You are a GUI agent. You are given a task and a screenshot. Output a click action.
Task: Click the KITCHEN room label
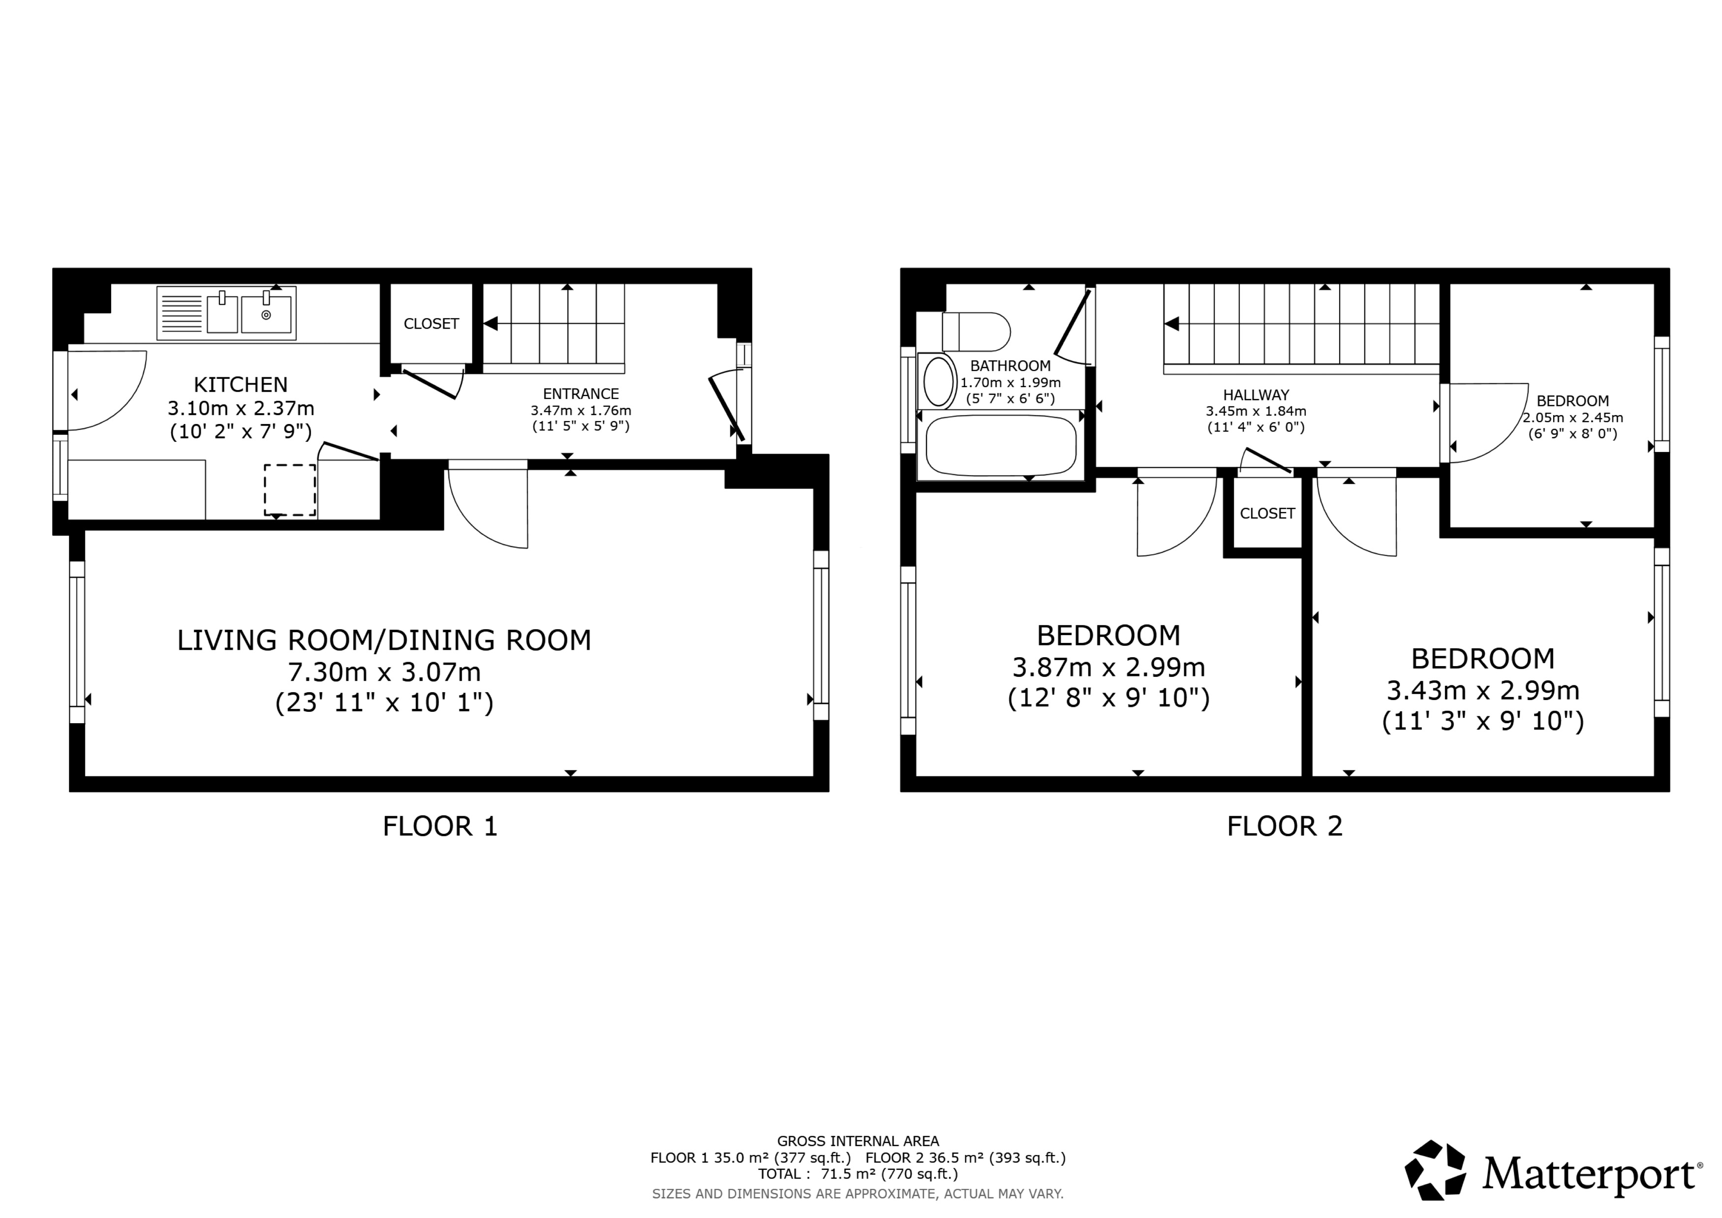point(240,385)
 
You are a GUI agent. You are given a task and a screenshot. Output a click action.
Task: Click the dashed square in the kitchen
point(289,490)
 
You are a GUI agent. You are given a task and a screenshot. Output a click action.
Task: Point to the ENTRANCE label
point(581,394)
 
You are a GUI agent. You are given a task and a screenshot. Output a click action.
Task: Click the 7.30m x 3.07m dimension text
point(384,671)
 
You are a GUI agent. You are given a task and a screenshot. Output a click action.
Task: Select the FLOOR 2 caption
point(1284,826)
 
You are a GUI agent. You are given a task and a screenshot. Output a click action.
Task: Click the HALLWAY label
point(1256,395)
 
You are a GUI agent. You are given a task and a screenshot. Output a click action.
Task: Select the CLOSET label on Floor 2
point(1267,514)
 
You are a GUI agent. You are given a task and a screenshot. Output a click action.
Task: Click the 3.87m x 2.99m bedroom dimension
point(1108,667)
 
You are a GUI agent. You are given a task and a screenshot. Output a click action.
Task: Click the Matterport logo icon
point(1434,1169)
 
